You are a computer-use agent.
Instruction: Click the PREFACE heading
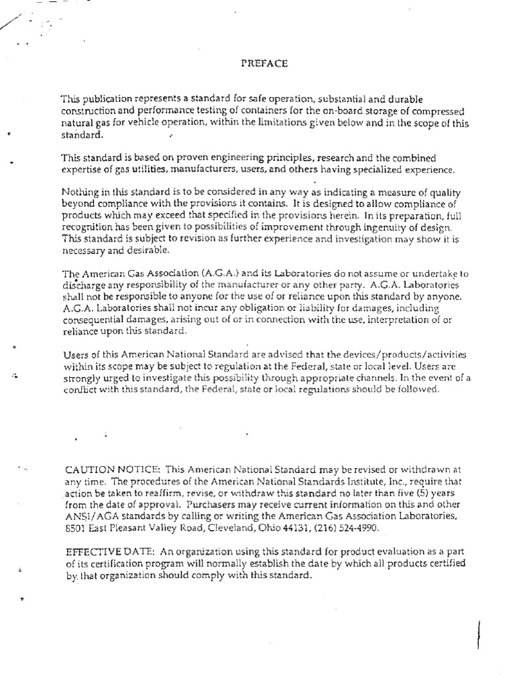click(264, 64)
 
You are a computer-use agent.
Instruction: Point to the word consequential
click(93, 321)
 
